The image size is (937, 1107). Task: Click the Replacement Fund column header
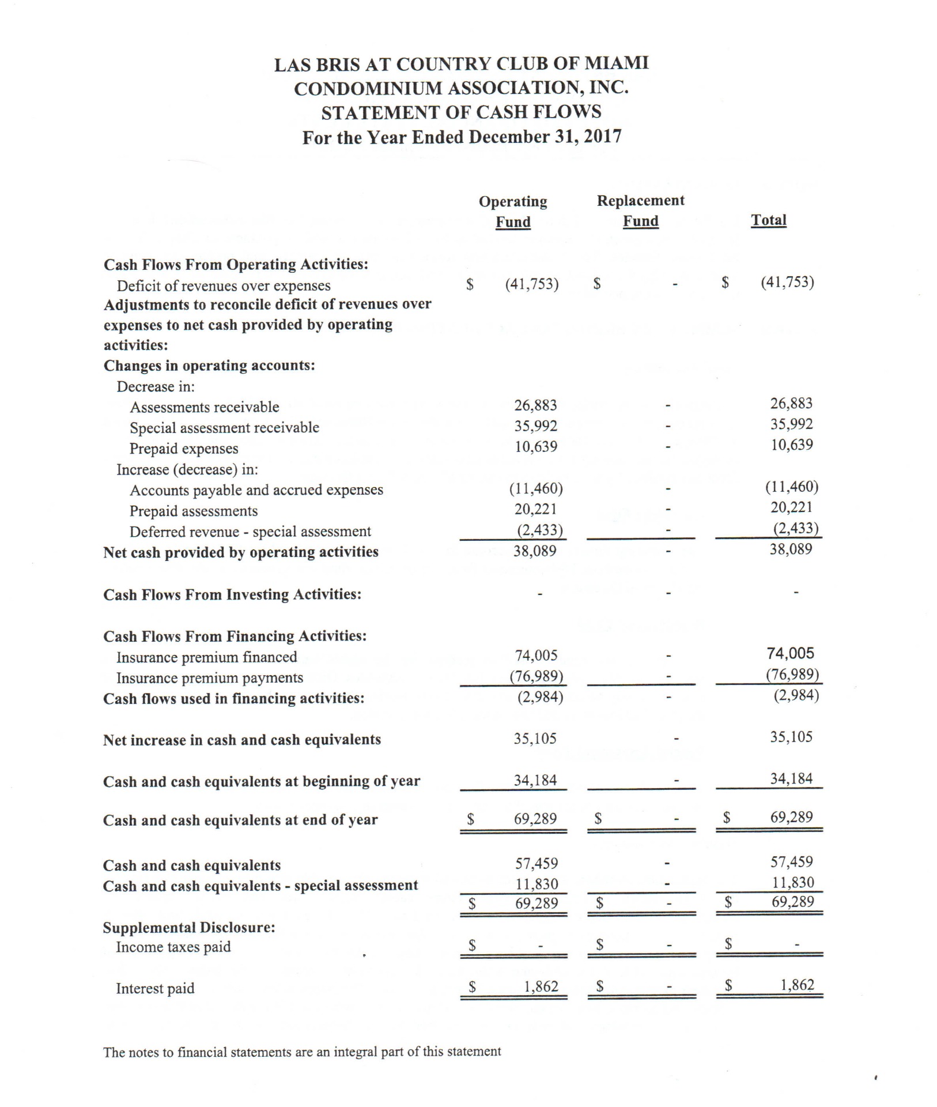(640, 211)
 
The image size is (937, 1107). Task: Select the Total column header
(768, 220)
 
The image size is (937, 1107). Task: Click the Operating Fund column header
(513, 212)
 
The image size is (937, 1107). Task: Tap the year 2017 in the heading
(602, 137)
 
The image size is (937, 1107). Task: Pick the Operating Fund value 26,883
(535, 405)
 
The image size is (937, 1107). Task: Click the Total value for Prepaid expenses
(792, 445)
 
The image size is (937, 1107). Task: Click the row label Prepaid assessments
(193, 511)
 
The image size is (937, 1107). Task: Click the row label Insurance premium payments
(210, 678)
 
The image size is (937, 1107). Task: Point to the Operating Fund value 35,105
(535, 739)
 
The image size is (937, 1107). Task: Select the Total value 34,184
(791, 779)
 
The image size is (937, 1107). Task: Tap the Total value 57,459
(792, 862)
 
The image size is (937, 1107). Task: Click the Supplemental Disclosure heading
(189, 927)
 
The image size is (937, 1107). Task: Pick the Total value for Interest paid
(797, 985)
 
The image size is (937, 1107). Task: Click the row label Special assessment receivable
(224, 428)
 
